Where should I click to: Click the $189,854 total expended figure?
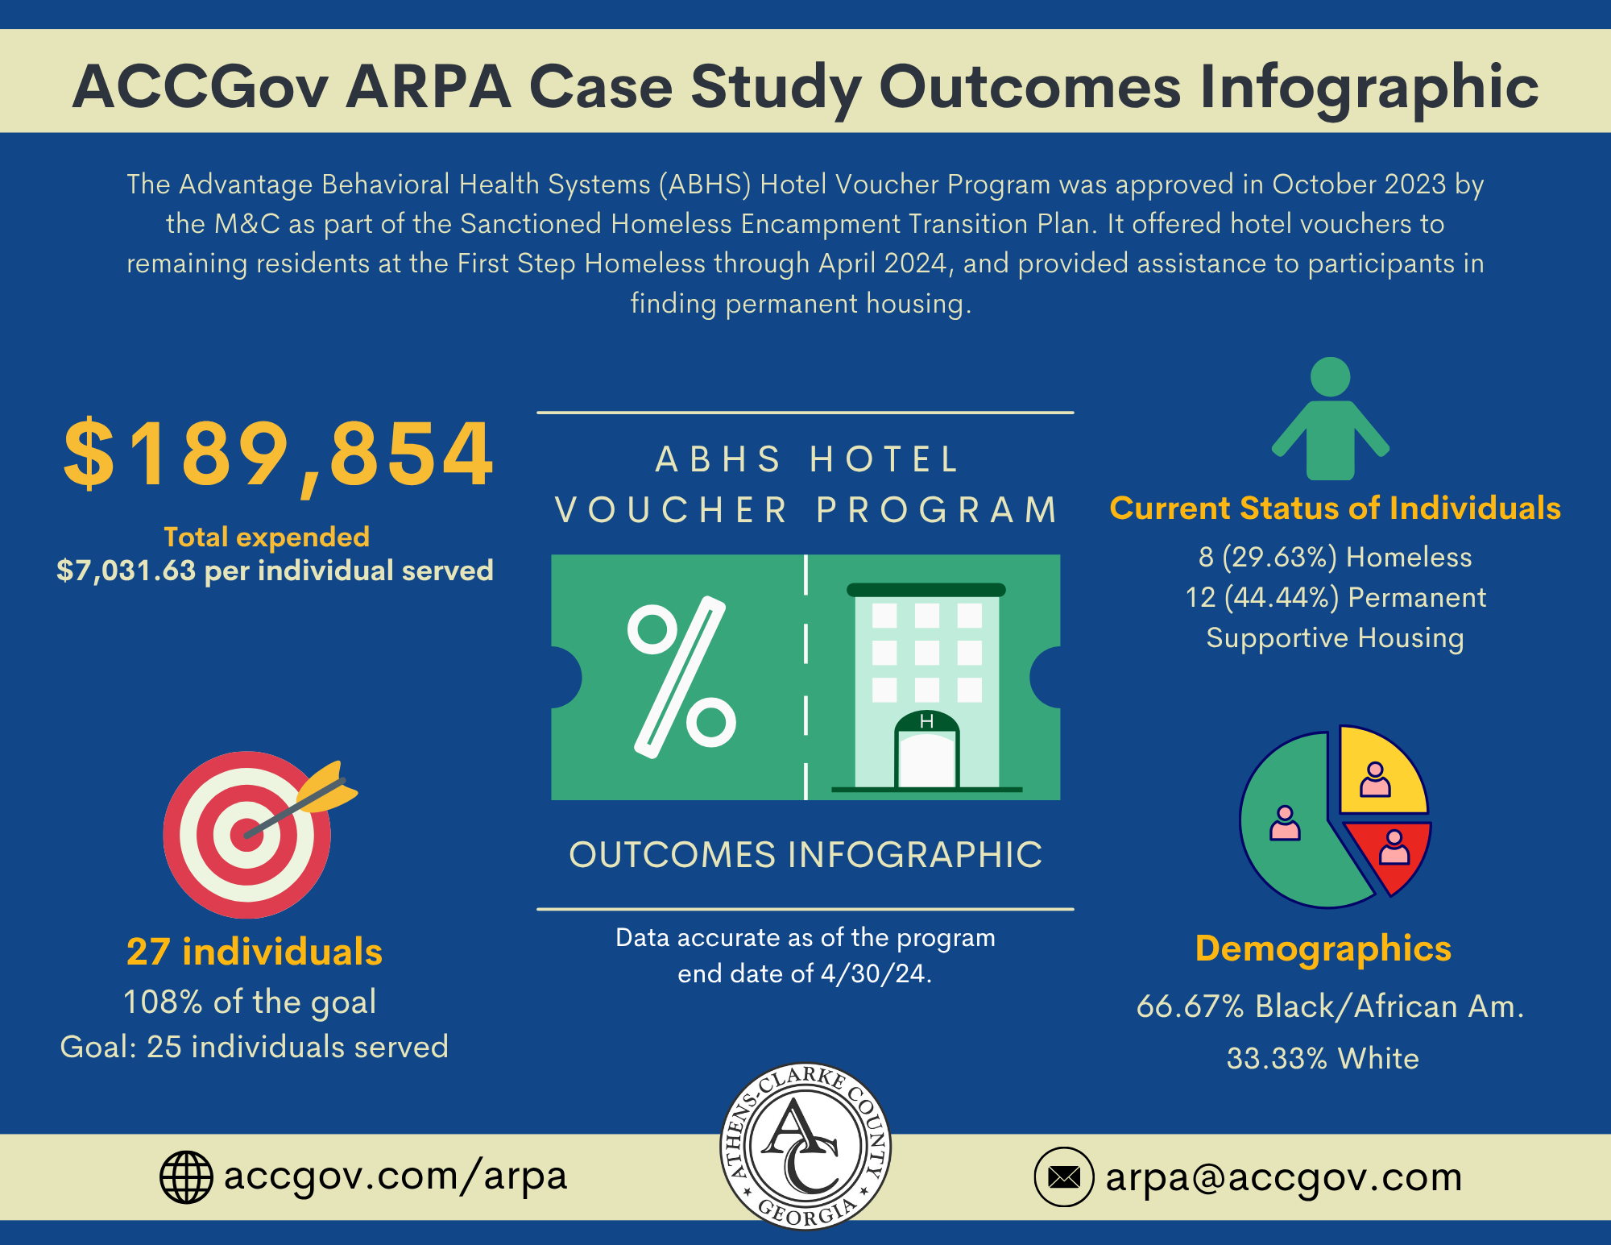[x=278, y=455]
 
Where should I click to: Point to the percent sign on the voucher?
[x=681, y=677]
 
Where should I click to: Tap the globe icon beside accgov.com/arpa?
[x=186, y=1177]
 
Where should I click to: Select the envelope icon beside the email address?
[x=1063, y=1177]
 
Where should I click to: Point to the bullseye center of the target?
[x=246, y=835]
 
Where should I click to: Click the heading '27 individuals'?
[x=255, y=952]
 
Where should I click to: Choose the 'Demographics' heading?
[x=1323, y=948]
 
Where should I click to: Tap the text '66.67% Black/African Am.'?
[x=1330, y=1006]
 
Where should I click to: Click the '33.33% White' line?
[x=1323, y=1058]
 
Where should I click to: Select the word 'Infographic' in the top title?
[x=1369, y=87]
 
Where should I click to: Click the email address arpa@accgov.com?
[x=1283, y=1177]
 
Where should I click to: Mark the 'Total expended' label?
[x=267, y=537]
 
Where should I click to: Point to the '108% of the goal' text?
[x=250, y=1002]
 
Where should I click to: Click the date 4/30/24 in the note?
[x=875, y=973]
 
